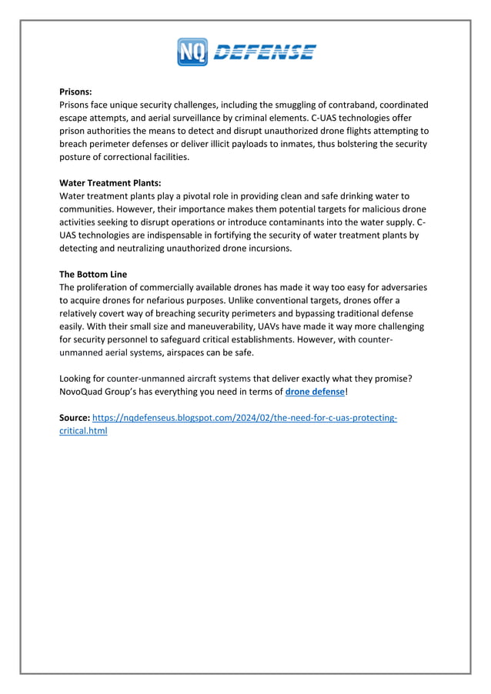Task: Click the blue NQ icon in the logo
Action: pyautogui.click(x=192, y=52)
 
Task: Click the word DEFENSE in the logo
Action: pyautogui.click(x=263, y=52)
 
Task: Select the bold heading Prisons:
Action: pyautogui.click(x=75, y=91)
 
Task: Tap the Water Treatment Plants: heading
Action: pyautogui.click(x=110, y=182)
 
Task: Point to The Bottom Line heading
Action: pyautogui.click(x=93, y=274)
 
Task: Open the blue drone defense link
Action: pyautogui.click(x=315, y=392)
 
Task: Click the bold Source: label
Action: pyautogui.click(x=75, y=418)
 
